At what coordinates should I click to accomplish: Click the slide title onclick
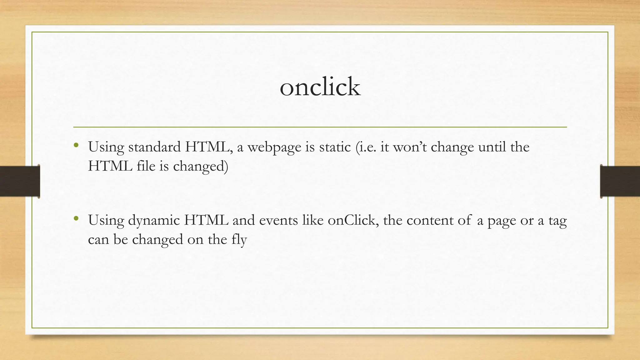pyautogui.click(x=320, y=87)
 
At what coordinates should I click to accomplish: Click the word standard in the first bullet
pyautogui.click(x=154, y=147)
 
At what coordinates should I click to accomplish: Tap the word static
pyautogui.click(x=335, y=147)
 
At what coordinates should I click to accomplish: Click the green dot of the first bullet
pyautogui.click(x=76, y=145)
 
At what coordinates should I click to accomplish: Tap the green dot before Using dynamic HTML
pyautogui.click(x=76, y=219)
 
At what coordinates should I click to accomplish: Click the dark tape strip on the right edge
pyautogui.click(x=620, y=181)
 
